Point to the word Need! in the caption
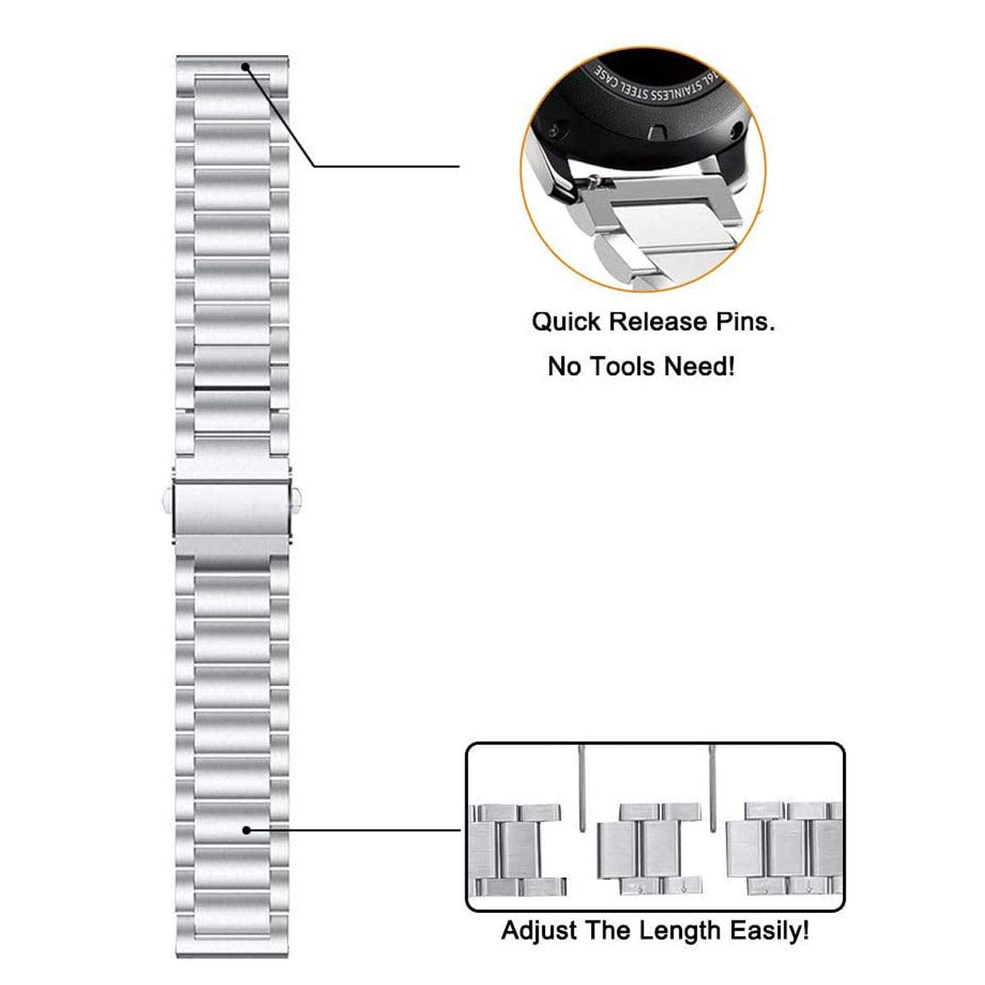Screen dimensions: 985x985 (699, 365)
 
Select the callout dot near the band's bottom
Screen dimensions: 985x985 (246, 830)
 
